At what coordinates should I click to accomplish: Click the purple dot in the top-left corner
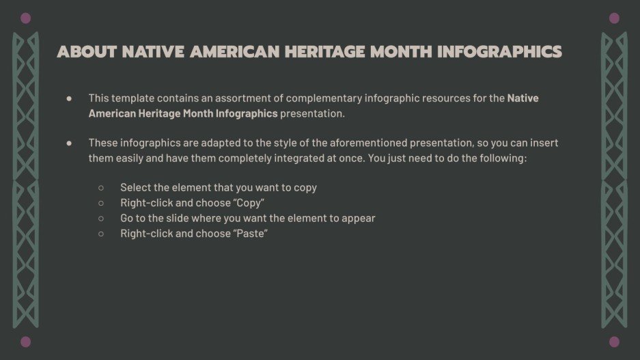(26, 18)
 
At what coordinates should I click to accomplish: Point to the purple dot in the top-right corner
(614, 18)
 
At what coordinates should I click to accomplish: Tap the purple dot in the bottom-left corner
(26, 342)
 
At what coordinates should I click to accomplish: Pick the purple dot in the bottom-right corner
(614, 342)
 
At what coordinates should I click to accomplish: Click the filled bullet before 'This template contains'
(70, 98)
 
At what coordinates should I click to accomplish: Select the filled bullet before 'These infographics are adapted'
(70, 143)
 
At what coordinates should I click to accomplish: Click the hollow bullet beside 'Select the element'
(101, 187)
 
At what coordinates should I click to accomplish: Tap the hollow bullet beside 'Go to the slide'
(101, 219)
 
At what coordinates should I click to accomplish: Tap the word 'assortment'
(236, 98)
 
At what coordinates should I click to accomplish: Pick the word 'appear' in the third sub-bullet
(359, 219)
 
